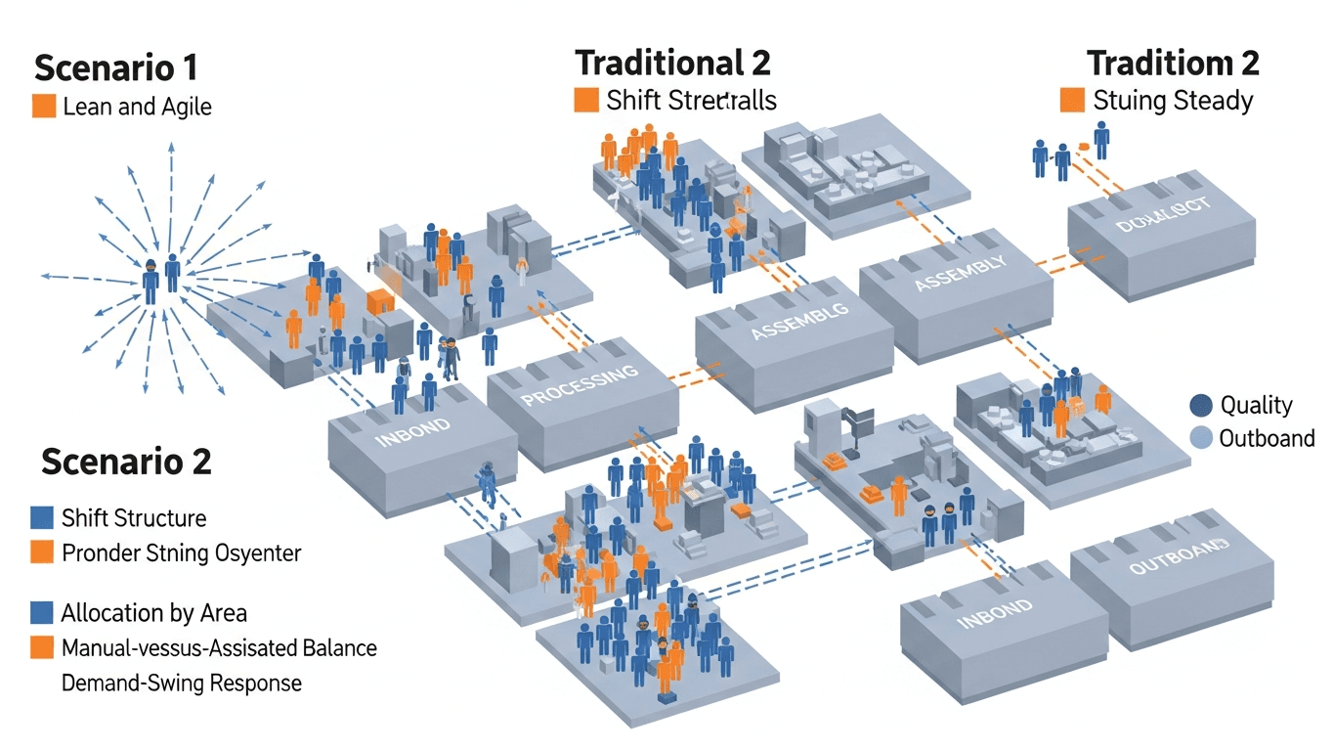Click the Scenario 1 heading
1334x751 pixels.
point(115,67)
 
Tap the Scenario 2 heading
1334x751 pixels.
point(126,462)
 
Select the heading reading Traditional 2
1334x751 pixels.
point(672,64)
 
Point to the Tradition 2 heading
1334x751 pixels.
point(1173,64)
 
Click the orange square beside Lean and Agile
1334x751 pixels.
point(44,107)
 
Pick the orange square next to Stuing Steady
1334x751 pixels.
point(1072,100)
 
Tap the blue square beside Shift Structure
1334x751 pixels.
point(42,517)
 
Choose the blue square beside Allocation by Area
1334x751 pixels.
point(42,613)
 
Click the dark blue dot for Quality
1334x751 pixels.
point(1201,405)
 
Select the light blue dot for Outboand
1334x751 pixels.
point(1201,437)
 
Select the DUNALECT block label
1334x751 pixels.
point(1162,213)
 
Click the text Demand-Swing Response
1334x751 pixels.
point(181,683)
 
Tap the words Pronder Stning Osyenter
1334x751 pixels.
point(181,552)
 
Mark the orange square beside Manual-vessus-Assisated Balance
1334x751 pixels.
point(42,647)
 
